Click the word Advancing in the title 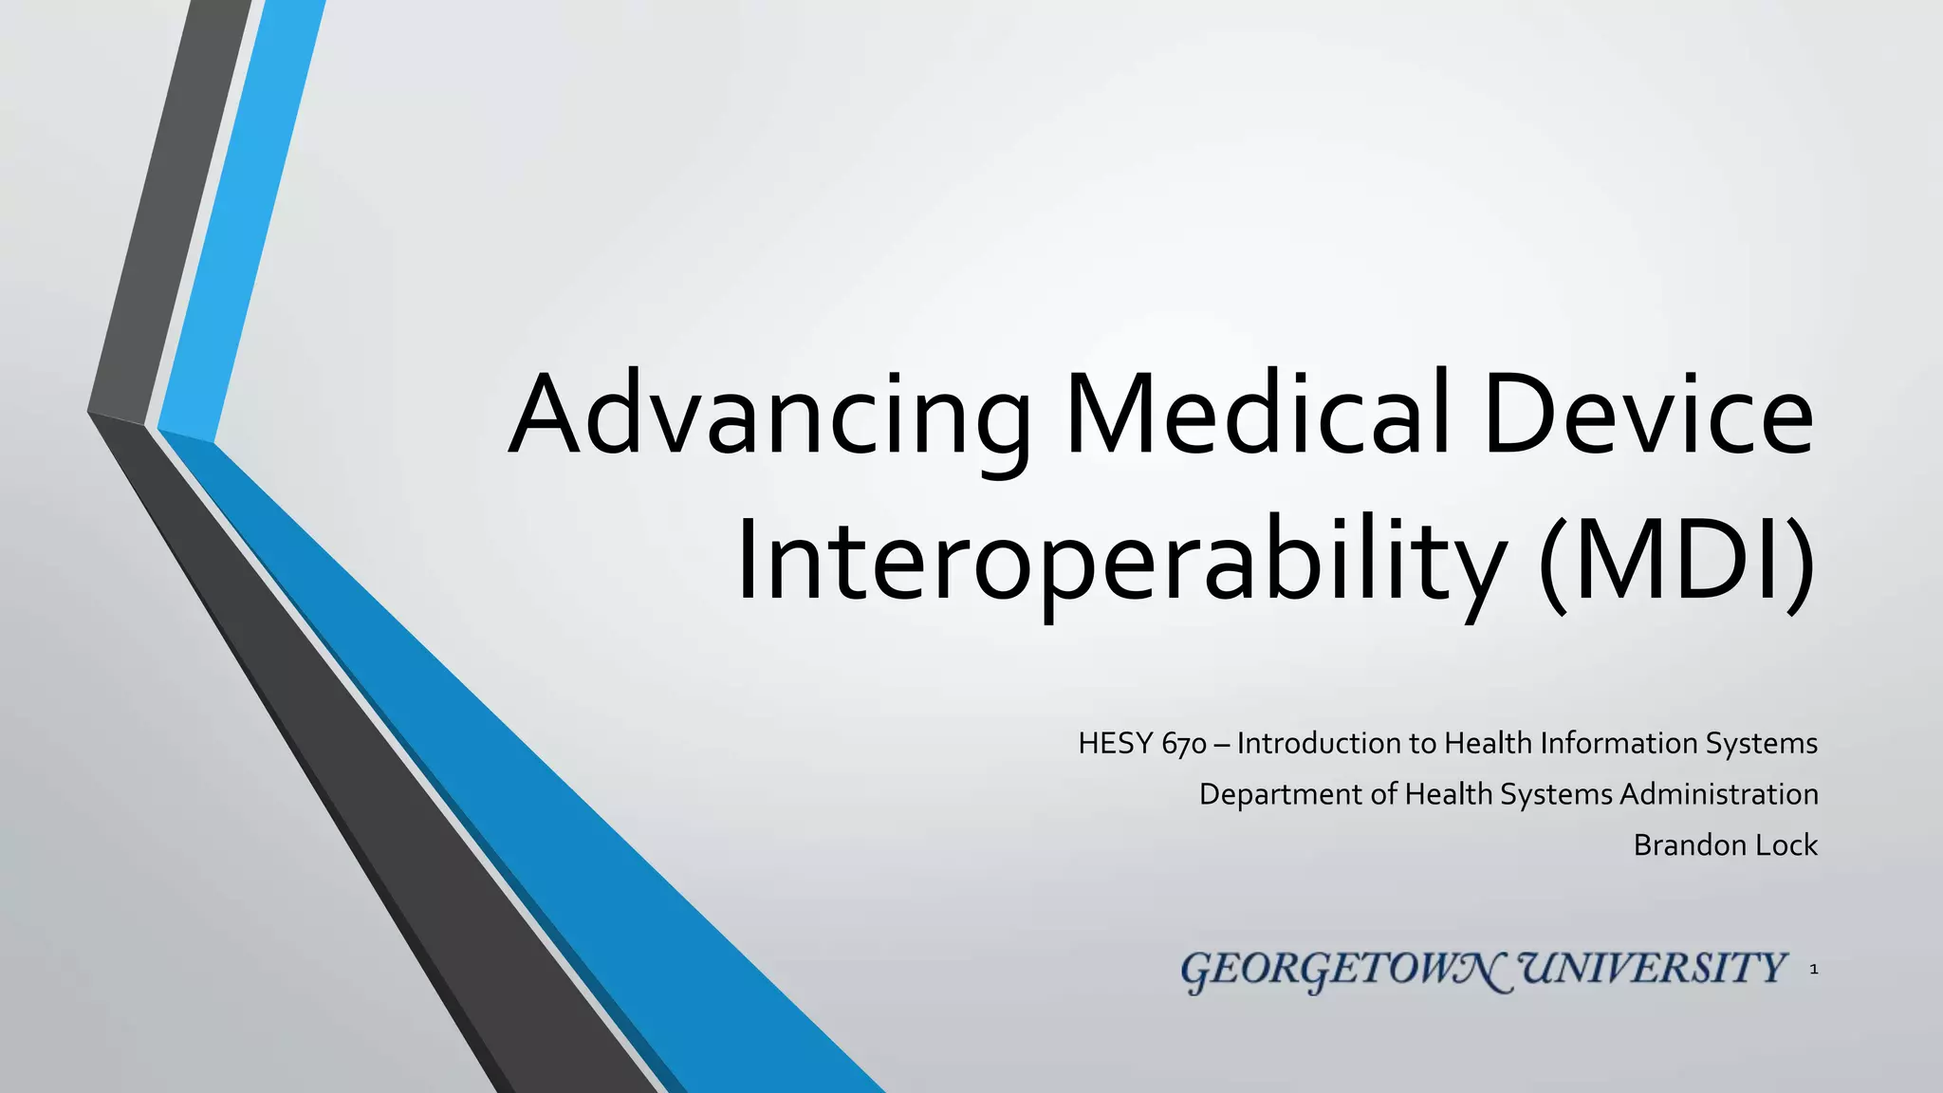coord(768,417)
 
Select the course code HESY coord(1116,743)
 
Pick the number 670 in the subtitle coord(1183,744)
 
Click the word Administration coord(1718,794)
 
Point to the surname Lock coord(1786,845)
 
